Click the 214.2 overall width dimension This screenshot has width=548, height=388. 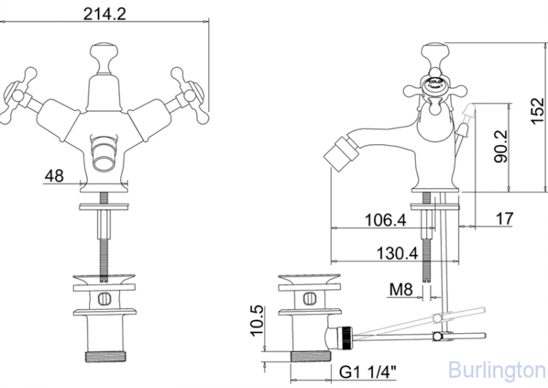click(x=104, y=12)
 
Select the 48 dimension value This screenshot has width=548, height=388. click(x=54, y=176)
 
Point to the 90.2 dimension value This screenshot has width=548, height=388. click(x=501, y=149)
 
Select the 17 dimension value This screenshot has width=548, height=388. click(x=504, y=218)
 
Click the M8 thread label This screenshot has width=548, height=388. click(x=401, y=290)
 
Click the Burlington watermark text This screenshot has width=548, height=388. click(x=497, y=368)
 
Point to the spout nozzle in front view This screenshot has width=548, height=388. click(x=104, y=154)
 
